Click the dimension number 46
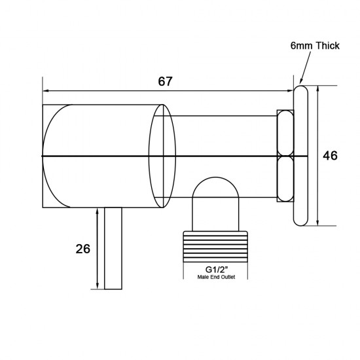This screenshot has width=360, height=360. coord(331,155)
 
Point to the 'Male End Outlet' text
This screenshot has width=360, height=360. coord(215,278)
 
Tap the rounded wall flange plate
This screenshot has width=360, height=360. coord(300,156)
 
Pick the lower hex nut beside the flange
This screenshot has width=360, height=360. coord(285,178)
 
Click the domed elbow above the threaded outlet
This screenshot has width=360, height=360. coord(215,196)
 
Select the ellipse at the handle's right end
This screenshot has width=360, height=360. coord(162,156)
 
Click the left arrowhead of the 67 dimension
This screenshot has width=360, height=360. coord(46,92)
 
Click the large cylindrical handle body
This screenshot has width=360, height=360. coord(98,156)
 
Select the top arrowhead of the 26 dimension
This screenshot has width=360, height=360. coord(98,211)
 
